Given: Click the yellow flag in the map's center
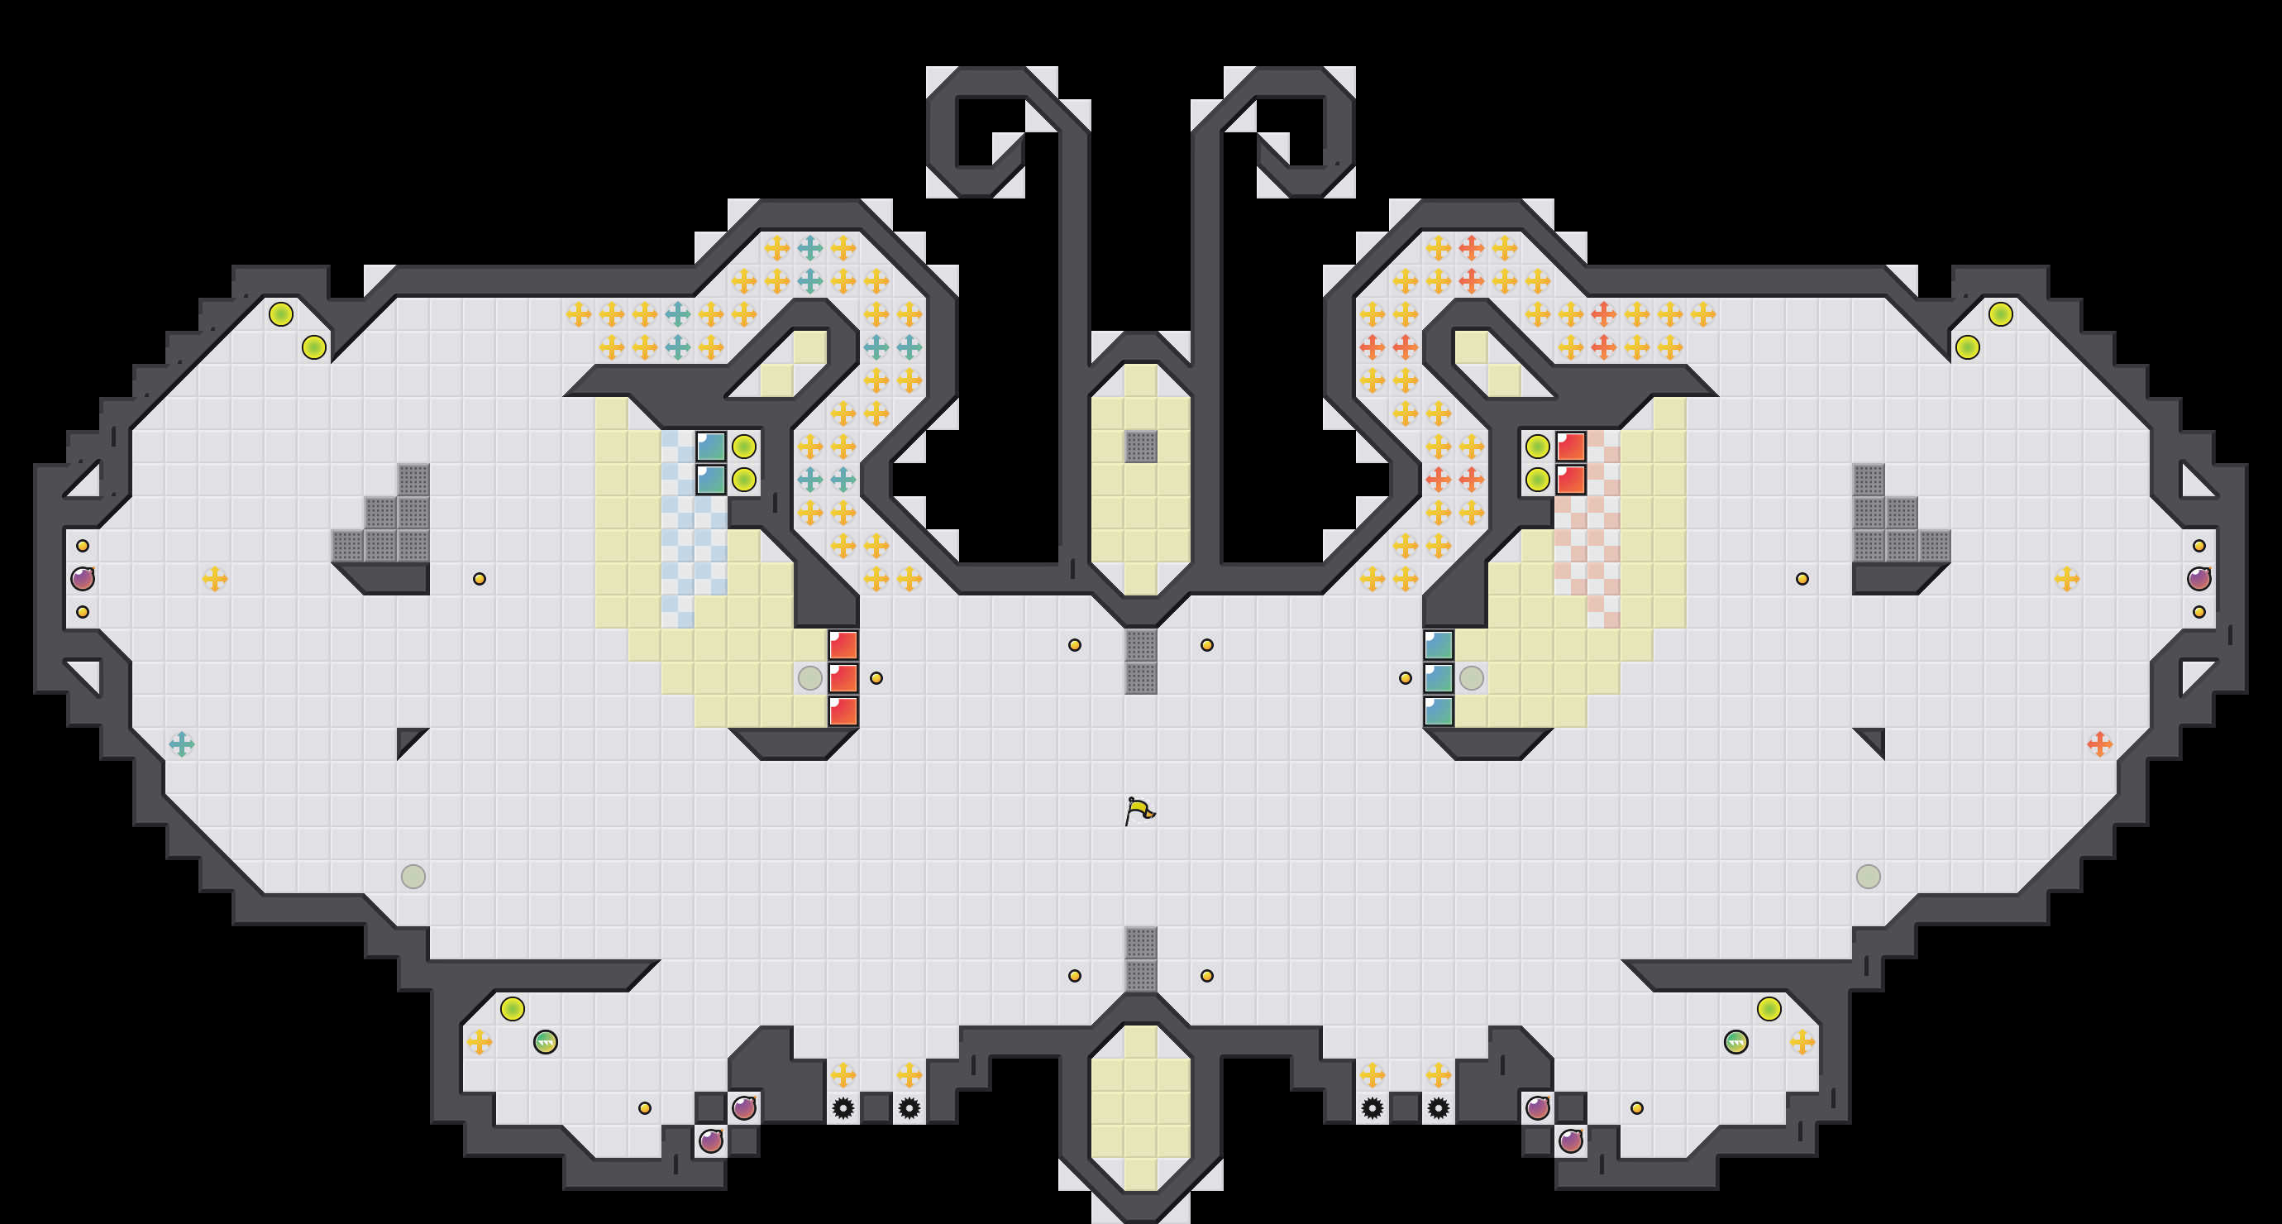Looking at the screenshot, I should pyautogui.click(x=1139, y=810).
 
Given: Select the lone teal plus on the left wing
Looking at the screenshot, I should pyautogui.click(x=182, y=743).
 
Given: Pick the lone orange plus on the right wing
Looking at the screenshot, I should pyautogui.click(x=2099, y=743).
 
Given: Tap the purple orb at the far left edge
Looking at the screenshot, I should pyautogui.click(x=83, y=579).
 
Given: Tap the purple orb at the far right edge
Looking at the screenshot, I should pyautogui.click(x=2198, y=579).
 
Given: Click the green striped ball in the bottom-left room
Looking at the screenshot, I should pyautogui.click(x=546, y=1041).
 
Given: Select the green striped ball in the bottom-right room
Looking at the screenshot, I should pyautogui.click(x=1735, y=1041).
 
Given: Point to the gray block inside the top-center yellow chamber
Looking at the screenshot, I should pyautogui.click(x=1141, y=446).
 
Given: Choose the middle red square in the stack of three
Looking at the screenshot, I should pyautogui.click(x=843, y=678).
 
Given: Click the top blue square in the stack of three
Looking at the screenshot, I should pyautogui.click(x=1439, y=645).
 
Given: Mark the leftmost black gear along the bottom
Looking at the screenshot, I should pyautogui.click(x=843, y=1108).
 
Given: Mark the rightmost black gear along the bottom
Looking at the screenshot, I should pyautogui.click(x=1439, y=1108).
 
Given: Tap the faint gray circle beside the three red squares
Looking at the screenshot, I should pyautogui.click(x=809, y=678).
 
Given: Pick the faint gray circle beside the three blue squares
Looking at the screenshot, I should pyautogui.click(x=1472, y=678).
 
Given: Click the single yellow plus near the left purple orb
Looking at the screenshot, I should pyautogui.click(x=214, y=579).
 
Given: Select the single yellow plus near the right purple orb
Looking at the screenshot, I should pyautogui.click(x=2067, y=579).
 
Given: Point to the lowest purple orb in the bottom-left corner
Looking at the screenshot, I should pyautogui.click(x=710, y=1140).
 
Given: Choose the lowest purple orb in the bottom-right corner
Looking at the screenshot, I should pyautogui.click(x=1571, y=1140).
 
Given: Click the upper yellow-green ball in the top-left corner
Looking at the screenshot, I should pyautogui.click(x=281, y=313).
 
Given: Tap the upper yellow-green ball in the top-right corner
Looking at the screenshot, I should pyautogui.click(x=2000, y=313).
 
